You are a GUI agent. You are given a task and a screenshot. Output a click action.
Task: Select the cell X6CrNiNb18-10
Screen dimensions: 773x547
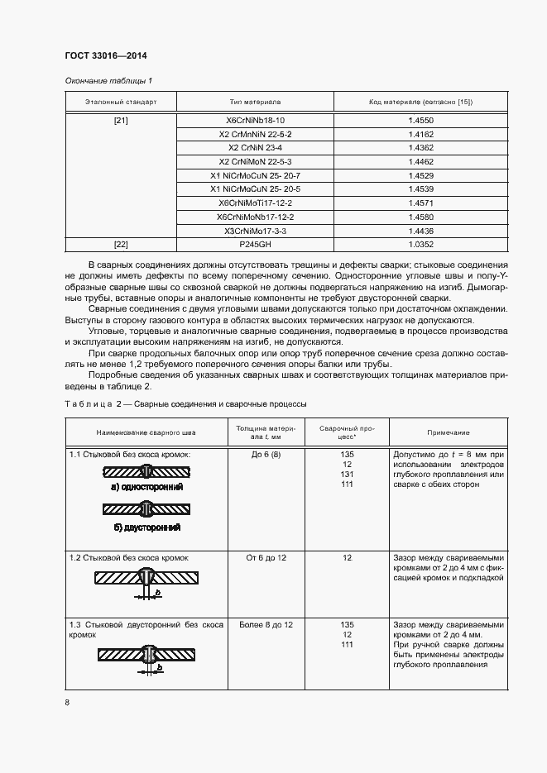point(255,120)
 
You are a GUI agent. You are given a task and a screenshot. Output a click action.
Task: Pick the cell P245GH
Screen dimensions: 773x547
point(255,245)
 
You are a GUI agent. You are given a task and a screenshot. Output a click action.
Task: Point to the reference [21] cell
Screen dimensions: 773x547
point(121,120)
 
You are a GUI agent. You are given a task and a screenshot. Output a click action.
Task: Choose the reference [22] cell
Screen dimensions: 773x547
point(121,245)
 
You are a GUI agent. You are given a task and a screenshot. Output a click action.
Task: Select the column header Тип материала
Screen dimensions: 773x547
point(255,102)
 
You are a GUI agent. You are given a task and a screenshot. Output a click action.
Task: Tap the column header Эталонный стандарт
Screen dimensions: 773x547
point(121,102)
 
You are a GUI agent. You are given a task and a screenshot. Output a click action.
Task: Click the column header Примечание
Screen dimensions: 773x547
point(448,432)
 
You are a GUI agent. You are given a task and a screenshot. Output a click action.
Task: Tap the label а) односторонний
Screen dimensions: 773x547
point(146,488)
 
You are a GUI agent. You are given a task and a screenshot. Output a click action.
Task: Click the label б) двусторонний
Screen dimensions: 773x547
point(146,527)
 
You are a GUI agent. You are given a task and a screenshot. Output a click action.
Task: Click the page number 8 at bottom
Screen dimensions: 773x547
point(67,703)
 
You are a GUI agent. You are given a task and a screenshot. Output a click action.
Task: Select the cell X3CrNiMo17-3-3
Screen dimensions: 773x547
point(255,231)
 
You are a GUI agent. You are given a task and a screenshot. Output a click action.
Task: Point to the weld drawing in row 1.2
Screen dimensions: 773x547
point(146,580)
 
